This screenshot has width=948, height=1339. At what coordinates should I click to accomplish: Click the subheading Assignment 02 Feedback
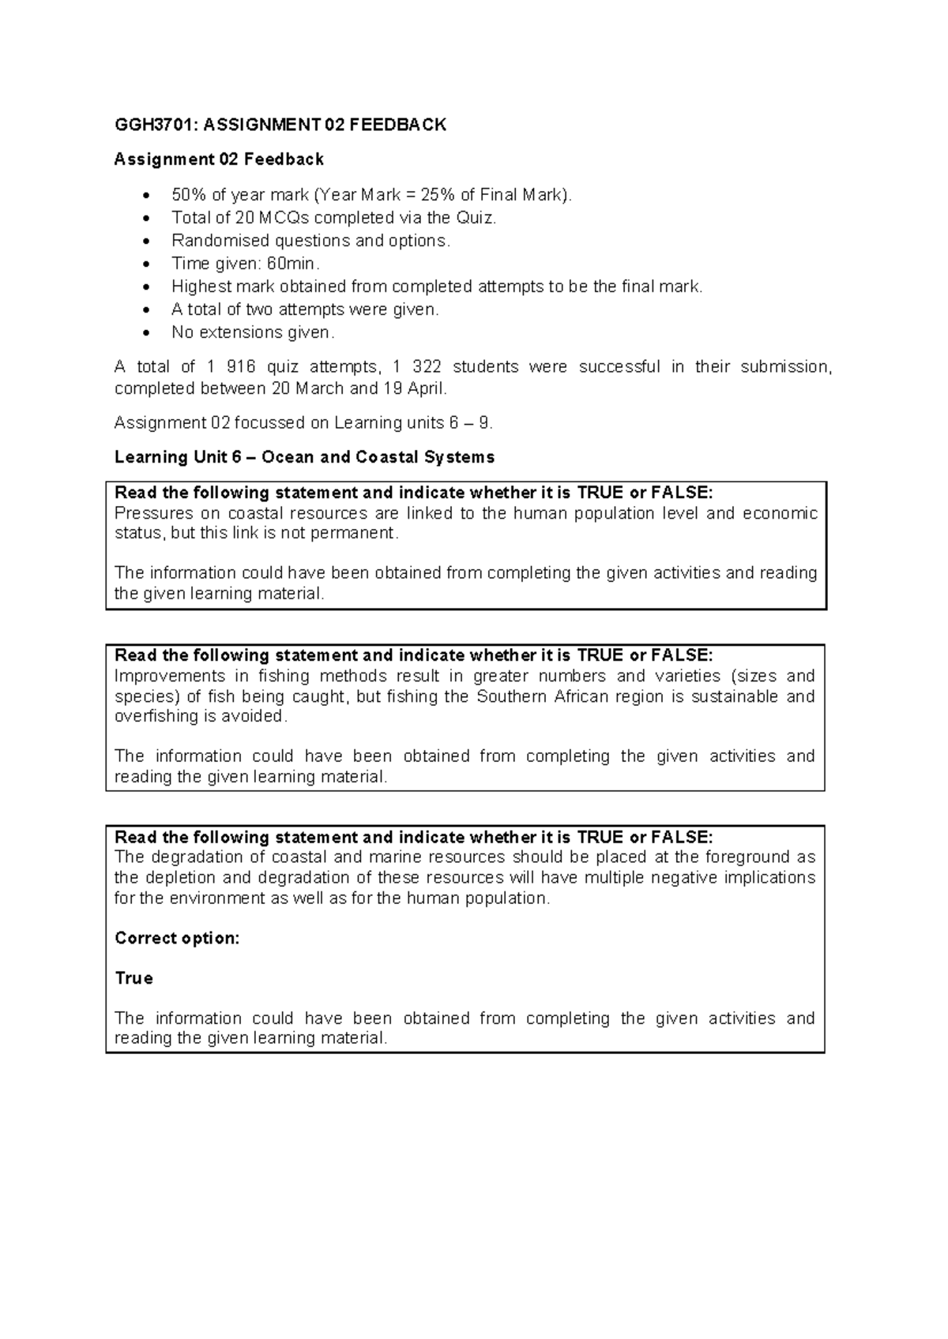pyautogui.click(x=219, y=159)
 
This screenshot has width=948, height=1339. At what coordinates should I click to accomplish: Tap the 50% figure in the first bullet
pyautogui.click(x=188, y=194)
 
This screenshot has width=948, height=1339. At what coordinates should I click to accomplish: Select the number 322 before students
pyautogui.click(x=427, y=367)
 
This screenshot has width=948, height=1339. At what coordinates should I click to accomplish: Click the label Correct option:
pyautogui.click(x=177, y=939)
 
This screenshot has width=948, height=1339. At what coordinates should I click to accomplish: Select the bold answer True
pyautogui.click(x=134, y=979)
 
